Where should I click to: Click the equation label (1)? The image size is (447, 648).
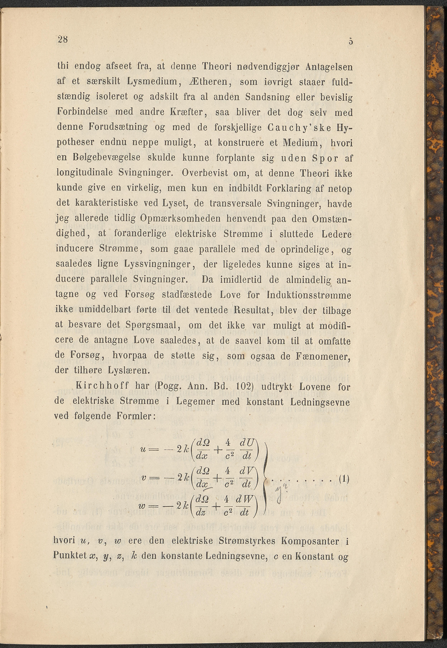(x=344, y=479)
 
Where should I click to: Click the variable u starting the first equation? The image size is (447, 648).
(x=143, y=449)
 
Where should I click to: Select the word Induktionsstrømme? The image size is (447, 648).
(x=309, y=295)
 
